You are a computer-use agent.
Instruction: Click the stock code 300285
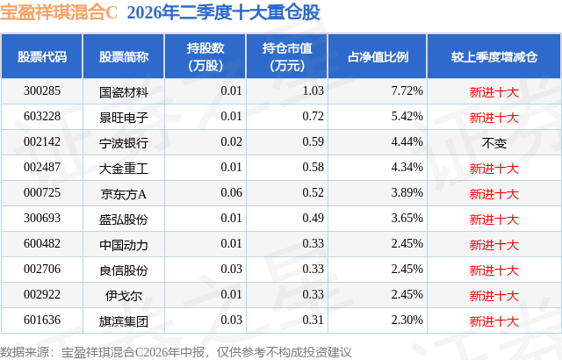(42, 91)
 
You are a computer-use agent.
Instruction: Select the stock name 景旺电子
(124, 117)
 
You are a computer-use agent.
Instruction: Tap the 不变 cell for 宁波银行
(494, 143)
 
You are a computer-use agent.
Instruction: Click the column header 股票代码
(42, 57)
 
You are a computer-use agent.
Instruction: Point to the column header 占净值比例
(378, 57)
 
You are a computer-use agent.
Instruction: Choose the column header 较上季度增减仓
(494, 57)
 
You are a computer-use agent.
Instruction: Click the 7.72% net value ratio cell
(407, 91)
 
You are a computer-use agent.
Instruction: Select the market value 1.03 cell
(313, 91)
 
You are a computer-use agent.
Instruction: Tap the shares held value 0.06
(231, 192)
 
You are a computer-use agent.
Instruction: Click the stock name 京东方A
(124, 194)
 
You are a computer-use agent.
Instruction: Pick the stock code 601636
(42, 320)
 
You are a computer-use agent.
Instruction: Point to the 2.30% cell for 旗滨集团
(407, 320)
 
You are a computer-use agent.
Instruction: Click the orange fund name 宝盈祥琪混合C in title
(59, 12)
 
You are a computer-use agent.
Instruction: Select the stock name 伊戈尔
(124, 296)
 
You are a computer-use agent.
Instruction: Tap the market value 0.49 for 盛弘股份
(313, 218)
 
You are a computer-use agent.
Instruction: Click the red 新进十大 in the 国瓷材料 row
(494, 92)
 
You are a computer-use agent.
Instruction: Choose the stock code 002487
(42, 168)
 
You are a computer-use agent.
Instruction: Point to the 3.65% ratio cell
(407, 218)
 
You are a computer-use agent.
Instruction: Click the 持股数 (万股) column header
(205, 56)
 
